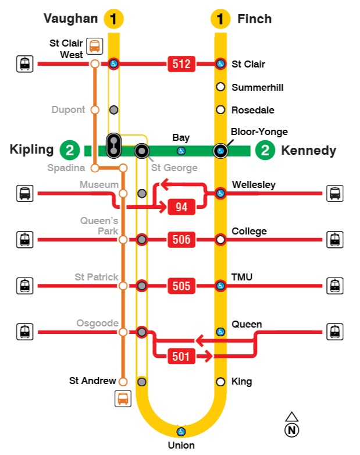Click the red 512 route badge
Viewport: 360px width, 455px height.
(x=181, y=64)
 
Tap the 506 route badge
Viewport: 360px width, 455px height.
(x=181, y=239)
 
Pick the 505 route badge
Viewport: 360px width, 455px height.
(x=181, y=286)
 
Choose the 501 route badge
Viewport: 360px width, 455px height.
(x=181, y=356)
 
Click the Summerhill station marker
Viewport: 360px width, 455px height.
(x=220, y=87)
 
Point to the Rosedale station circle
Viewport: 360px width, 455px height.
(x=220, y=109)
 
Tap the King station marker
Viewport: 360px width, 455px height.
(x=220, y=382)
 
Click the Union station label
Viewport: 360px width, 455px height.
(x=181, y=445)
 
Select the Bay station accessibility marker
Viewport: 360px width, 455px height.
(x=181, y=151)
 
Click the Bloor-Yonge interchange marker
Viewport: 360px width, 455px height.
(x=220, y=151)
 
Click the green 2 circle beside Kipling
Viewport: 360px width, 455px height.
(x=69, y=151)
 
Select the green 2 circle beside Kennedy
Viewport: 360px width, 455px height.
(x=266, y=151)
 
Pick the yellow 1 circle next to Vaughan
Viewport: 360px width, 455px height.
(x=113, y=19)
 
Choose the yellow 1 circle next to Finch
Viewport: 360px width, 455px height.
(x=220, y=19)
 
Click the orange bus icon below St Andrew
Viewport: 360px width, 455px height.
(x=123, y=399)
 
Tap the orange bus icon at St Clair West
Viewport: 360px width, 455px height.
(x=94, y=45)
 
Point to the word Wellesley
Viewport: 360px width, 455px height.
(x=254, y=185)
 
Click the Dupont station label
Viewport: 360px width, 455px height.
(x=69, y=109)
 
